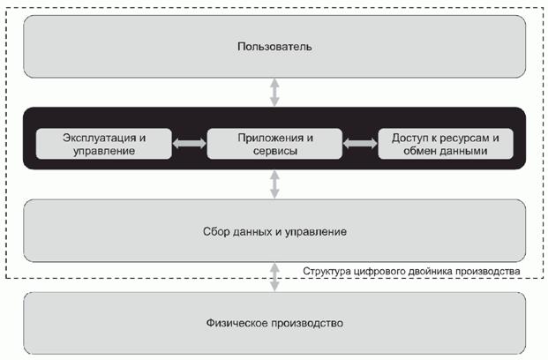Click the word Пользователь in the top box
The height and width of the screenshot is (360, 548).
274,45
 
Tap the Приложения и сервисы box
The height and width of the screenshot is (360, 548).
274,143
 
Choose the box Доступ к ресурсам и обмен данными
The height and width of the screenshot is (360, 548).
445,143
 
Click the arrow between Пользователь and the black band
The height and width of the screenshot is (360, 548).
274,92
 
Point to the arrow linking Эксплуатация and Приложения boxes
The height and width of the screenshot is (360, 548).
188,143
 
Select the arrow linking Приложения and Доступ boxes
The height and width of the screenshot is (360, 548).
359,143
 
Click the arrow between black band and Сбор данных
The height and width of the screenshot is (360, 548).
274,184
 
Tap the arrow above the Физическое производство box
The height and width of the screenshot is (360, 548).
274,277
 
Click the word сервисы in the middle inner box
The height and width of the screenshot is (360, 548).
274,151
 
